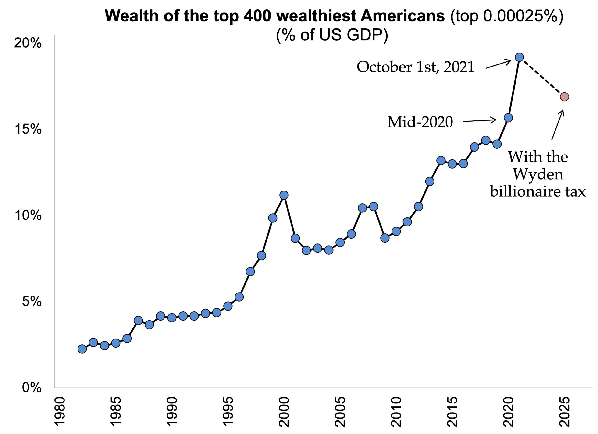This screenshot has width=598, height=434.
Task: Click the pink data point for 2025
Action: click(564, 97)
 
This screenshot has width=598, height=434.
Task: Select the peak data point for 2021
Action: click(519, 57)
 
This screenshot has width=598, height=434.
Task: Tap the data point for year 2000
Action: click(284, 195)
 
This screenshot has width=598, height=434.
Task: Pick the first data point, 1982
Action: click(82, 349)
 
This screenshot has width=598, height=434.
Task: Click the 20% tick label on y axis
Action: click(28, 43)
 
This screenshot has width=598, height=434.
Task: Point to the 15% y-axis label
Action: click(28, 129)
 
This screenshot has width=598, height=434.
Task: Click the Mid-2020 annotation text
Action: click(420, 122)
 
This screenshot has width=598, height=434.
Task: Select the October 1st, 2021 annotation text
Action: click(416, 67)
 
